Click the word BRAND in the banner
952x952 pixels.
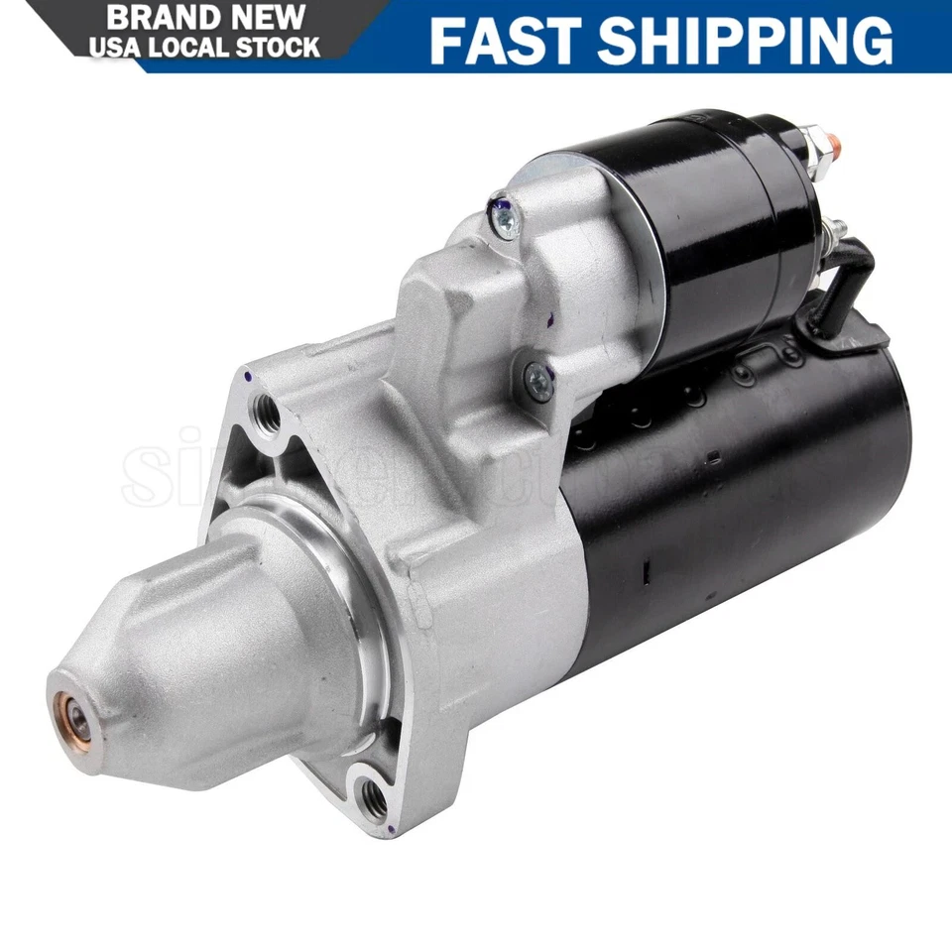163,17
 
